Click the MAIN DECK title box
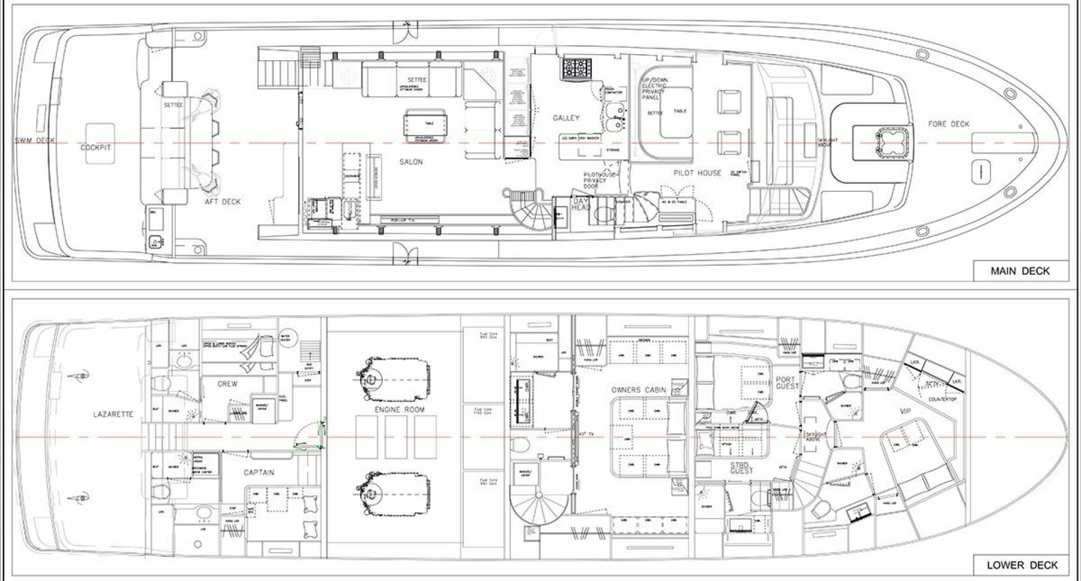point(1020,271)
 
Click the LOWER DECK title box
point(1021,565)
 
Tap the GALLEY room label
point(566,118)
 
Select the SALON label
point(411,162)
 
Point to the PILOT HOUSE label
point(697,173)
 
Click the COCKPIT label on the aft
point(96,148)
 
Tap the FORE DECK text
point(949,124)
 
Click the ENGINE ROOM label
point(399,409)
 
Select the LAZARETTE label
point(113,414)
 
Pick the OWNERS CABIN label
point(638,390)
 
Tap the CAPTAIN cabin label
point(259,472)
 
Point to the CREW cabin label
point(227,383)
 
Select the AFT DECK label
point(223,202)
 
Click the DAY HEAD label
point(580,204)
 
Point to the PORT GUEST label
point(787,383)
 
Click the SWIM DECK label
point(35,140)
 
